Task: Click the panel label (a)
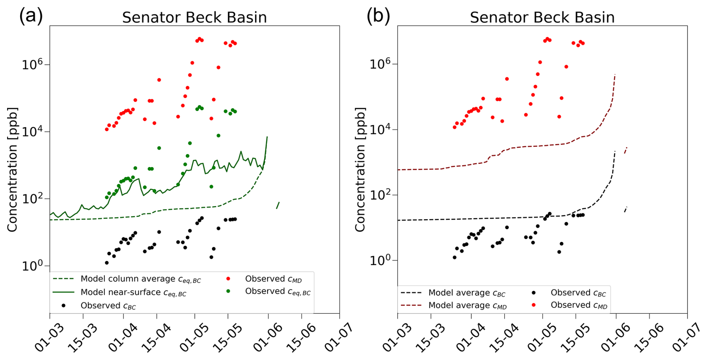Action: point(31,16)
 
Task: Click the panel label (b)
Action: point(378,16)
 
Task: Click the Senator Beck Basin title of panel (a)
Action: point(194,18)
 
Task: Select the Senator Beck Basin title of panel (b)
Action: point(542,18)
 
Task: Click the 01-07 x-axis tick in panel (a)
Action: point(339,338)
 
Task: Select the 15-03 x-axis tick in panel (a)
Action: point(82,338)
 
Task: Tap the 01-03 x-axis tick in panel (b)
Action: point(397,338)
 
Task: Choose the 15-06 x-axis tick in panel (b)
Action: point(649,338)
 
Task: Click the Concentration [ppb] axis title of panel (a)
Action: point(12,170)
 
